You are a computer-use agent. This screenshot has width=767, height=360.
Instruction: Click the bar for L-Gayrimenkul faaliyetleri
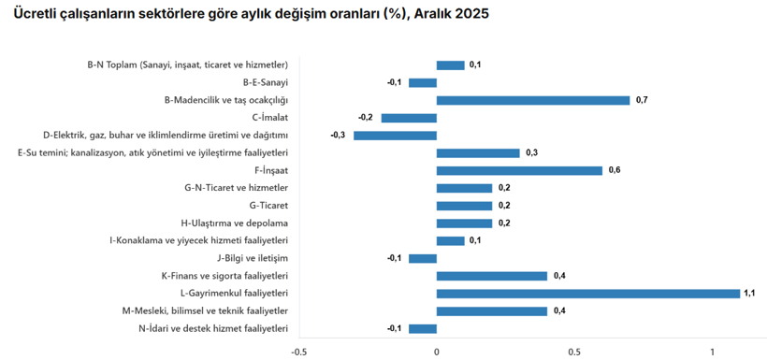click(588, 294)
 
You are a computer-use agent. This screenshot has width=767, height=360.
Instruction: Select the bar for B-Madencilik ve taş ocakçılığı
click(533, 100)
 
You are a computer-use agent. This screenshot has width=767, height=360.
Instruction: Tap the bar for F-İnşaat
click(519, 170)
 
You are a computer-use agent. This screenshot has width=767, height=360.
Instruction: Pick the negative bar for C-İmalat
click(409, 118)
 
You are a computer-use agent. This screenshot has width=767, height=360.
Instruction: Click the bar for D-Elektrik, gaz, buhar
click(395, 136)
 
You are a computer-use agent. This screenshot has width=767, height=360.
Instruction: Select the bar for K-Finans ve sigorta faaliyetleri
click(492, 276)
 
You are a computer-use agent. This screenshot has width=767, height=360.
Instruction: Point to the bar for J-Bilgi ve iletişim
click(423, 258)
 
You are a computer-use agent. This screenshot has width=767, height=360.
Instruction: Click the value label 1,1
click(749, 294)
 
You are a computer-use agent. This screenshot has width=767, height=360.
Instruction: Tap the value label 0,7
click(641, 100)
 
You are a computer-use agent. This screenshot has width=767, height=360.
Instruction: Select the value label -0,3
click(339, 136)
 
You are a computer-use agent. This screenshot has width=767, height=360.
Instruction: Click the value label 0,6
click(614, 170)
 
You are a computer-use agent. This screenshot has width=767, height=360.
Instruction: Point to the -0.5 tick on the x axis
click(298, 352)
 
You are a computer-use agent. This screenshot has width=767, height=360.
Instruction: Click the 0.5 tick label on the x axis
click(574, 352)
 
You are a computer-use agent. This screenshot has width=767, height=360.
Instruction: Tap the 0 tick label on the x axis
click(437, 352)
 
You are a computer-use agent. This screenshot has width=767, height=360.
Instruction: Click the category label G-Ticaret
click(268, 206)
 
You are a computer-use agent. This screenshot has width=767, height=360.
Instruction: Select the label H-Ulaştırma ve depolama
click(234, 223)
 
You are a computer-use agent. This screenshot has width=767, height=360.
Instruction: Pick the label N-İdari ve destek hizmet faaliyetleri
click(213, 328)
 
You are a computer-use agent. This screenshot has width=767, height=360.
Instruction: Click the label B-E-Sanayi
click(266, 82)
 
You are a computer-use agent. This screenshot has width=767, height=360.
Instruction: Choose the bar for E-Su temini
click(478, 152)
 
